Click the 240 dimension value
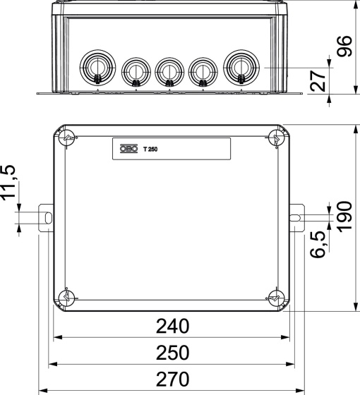(x=173, y=326)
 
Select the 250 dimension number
(x=173, y=353)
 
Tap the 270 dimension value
(x=173, y=379)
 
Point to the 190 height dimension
(x=344, y=216)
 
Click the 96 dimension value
(x=344, y=47)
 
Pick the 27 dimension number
(x=318, y=80)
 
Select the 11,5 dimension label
(x=9, y=183)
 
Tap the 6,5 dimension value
(x=318, y=244)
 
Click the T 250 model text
(x=150, y=149)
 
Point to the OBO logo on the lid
(x=128, y=149)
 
